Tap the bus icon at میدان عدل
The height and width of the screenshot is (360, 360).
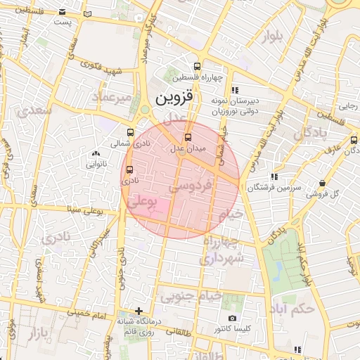click(x=187, y=138)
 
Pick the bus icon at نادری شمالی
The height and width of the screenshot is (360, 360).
click(x=131, y=131)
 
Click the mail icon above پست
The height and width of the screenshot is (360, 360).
click(x=63, y=12)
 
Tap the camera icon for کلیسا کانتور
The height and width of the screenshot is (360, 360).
click(x=233, y=319)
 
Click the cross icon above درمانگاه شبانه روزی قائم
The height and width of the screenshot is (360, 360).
click(x=139, y=311)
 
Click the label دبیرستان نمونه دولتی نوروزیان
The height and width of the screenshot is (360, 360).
click(x=237, y=106)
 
